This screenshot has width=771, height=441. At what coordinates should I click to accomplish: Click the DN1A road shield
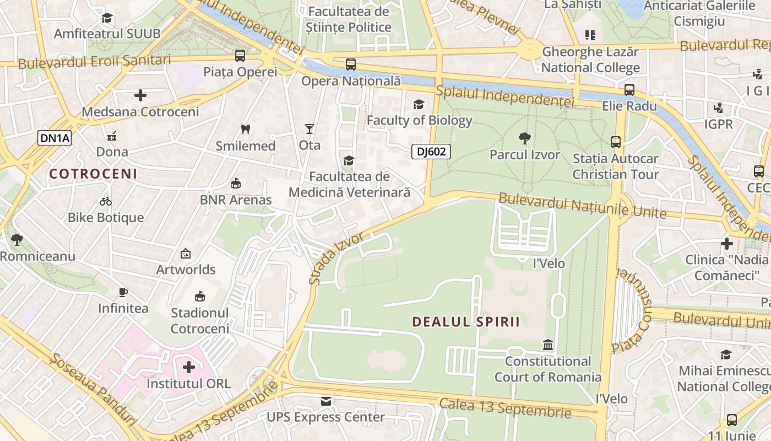click(55, 138)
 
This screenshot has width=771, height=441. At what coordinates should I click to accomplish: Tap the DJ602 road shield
click(431, 152)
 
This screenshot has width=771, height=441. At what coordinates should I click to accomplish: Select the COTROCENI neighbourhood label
click(93, 174)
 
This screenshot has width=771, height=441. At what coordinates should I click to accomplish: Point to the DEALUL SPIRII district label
click(466, 322)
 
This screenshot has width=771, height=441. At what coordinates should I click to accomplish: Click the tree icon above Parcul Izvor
click(524, 138)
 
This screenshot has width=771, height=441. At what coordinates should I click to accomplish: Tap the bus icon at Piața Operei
click(240, 55)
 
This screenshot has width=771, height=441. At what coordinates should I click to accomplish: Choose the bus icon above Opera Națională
click(351, 64)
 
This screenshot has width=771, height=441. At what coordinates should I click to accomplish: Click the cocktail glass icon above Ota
click(310, 129)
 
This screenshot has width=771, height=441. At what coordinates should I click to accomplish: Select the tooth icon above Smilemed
click(246, 130)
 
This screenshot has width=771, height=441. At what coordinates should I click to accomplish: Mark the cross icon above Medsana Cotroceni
click(140, 95)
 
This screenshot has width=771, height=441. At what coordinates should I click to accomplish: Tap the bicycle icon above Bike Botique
click(106, 201)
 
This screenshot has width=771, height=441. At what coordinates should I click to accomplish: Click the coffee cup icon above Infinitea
click(123, 292)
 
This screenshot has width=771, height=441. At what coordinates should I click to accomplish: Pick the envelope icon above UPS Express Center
click(326, 401)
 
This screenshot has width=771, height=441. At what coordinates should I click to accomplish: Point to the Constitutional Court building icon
click(548, 345)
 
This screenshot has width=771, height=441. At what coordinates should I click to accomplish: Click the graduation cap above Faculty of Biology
click(419, 104)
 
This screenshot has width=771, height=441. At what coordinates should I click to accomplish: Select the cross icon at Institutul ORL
click(189, 367)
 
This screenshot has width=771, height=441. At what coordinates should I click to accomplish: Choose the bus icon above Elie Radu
click(629, 89)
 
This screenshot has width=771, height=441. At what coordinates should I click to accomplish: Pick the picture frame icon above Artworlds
click(186, 254)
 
